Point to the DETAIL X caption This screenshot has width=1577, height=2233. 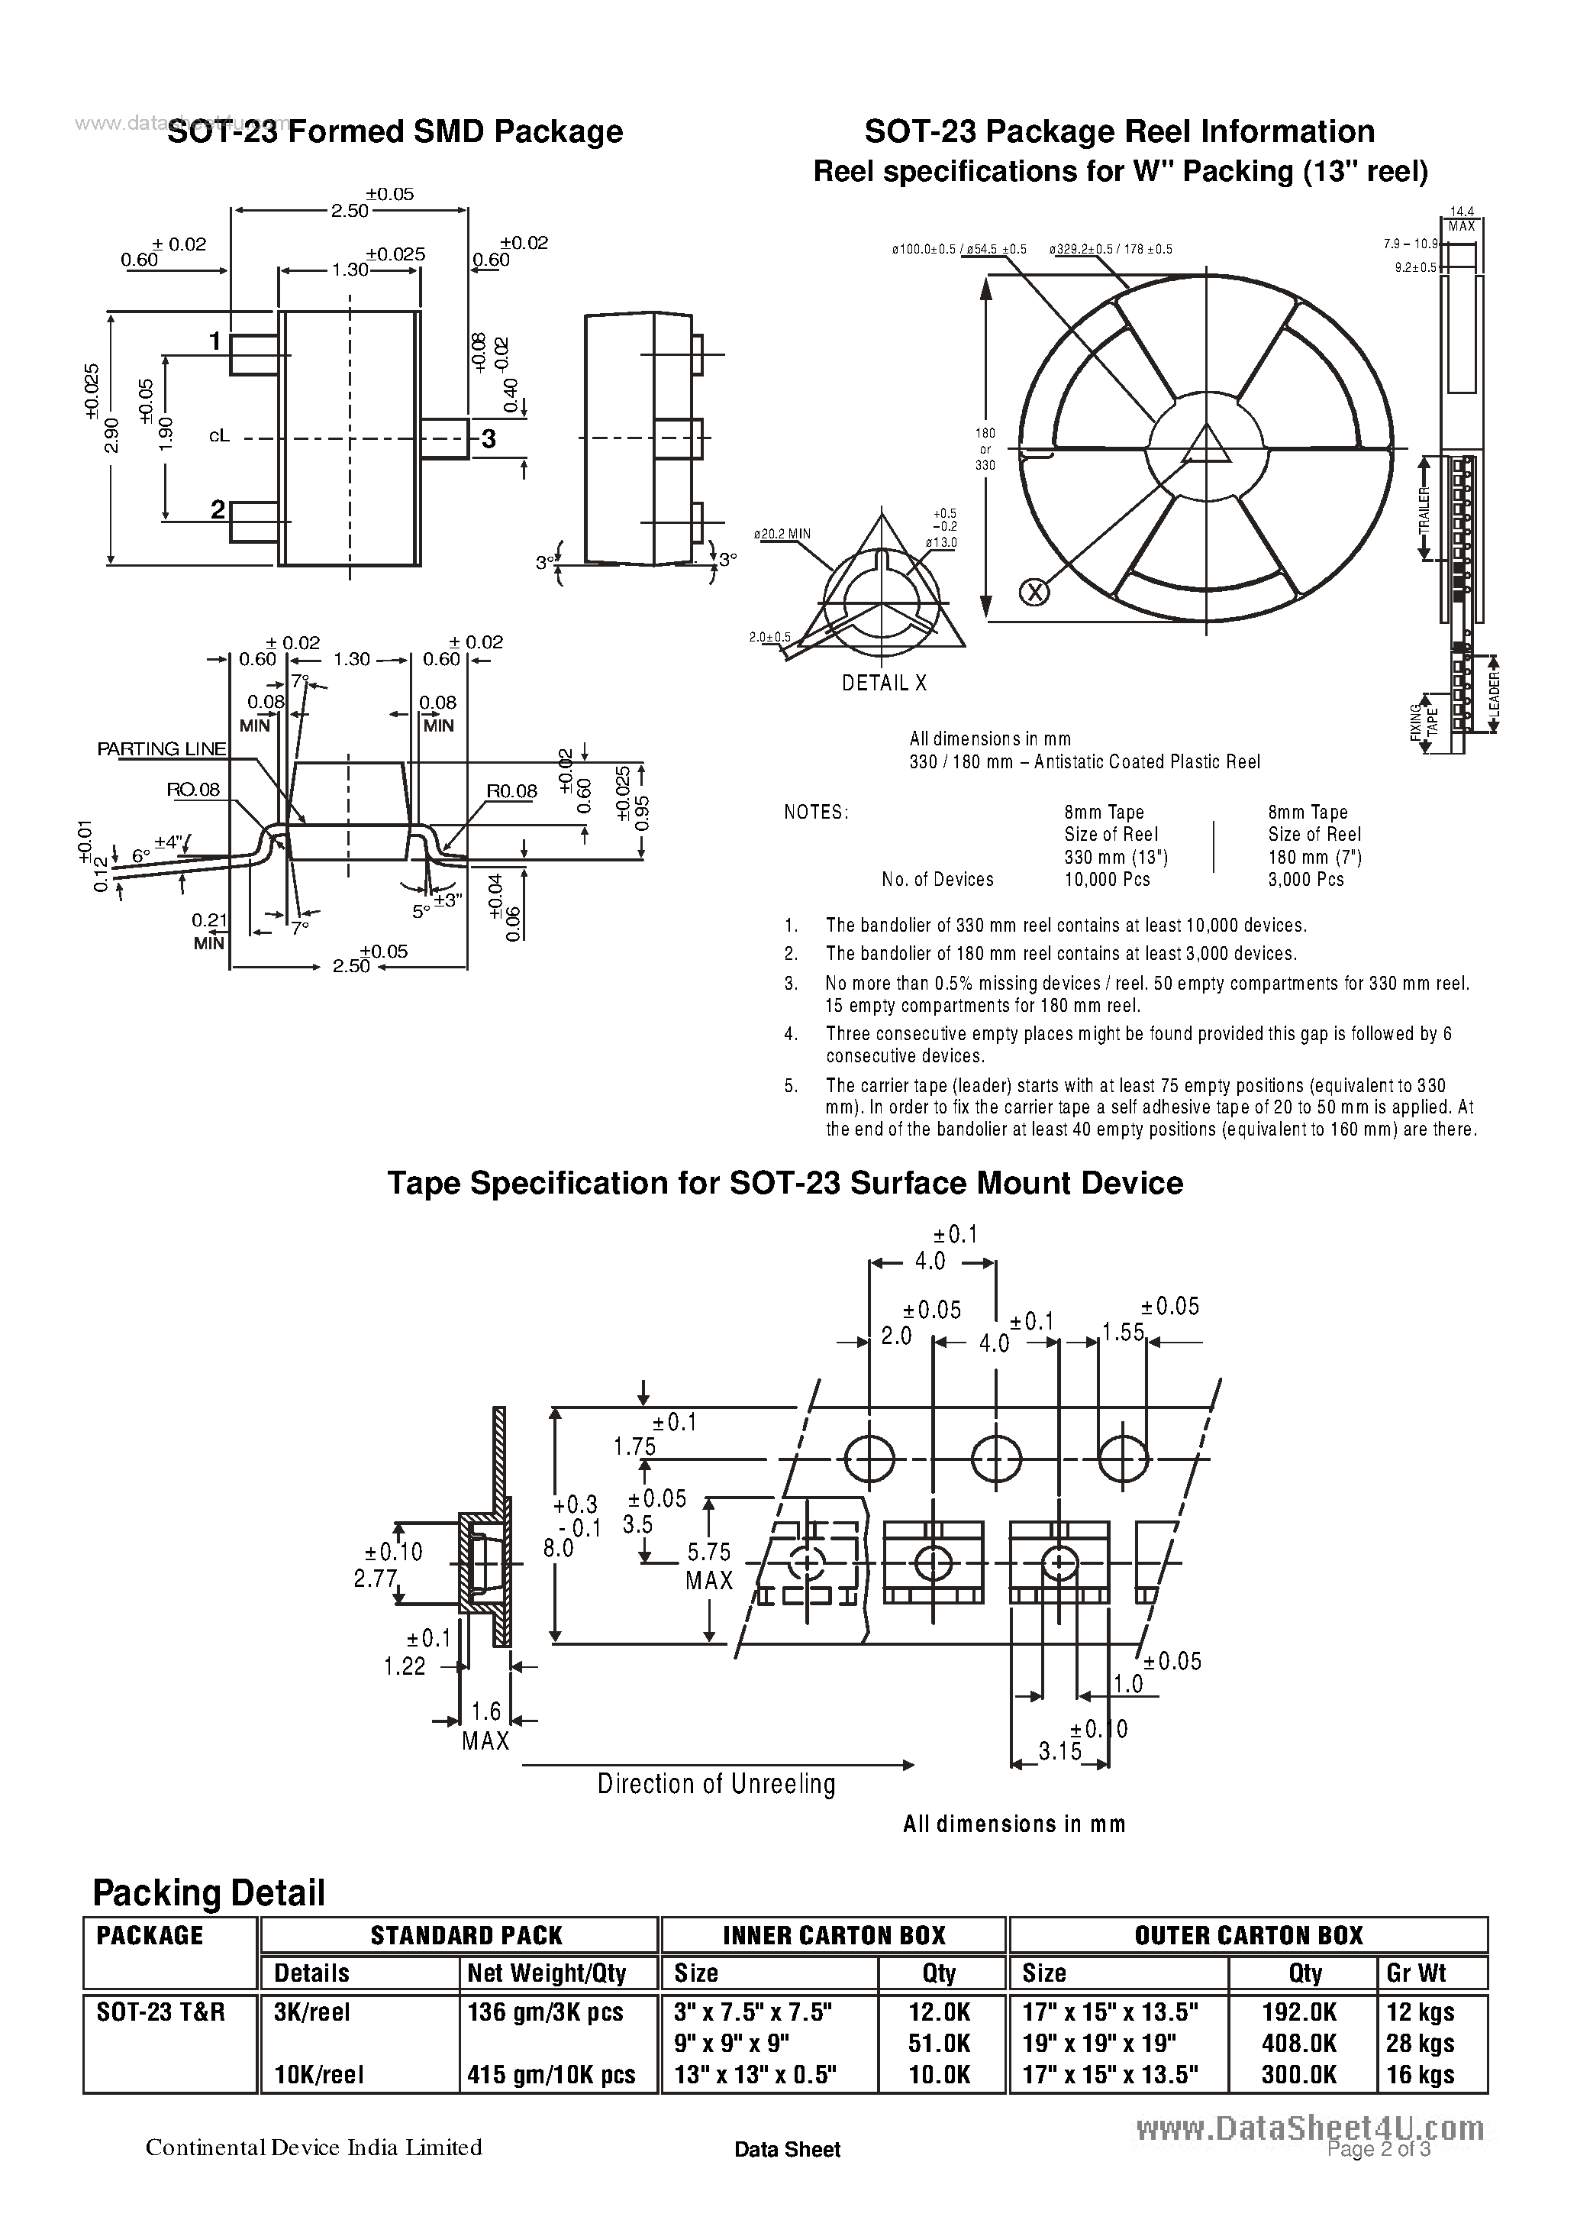click(x=884, y=683)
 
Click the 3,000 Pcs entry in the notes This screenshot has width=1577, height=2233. click(x=1306, y=879)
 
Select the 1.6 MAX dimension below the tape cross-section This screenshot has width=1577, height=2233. click(x=485, y=1725)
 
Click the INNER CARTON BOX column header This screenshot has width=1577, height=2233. click(x=834, y=1934)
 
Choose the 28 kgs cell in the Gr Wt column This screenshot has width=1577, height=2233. click(x=1420, y=2044)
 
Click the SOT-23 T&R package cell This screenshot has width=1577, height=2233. click(x=160, y=2012)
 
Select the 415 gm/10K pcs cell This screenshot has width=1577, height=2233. click(x=551, y=2074)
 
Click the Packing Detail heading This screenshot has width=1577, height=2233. click(x=208, y=1892)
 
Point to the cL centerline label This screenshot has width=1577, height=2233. click(x=220, y=437)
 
